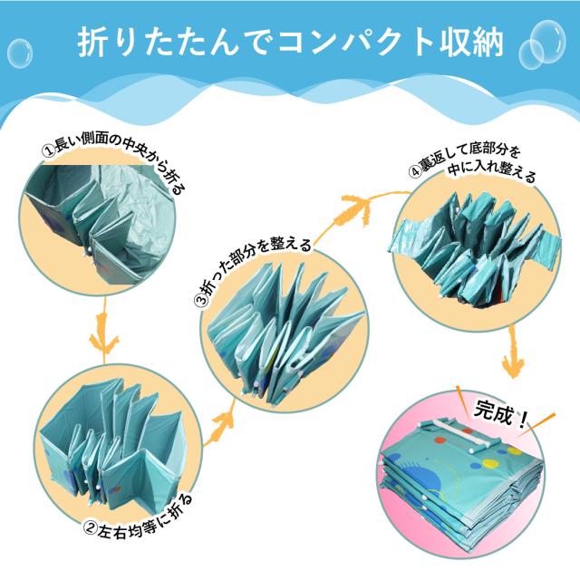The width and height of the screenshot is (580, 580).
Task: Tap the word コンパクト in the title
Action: (x=354, y=43)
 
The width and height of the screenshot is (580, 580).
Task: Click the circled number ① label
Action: (x=48, y=150)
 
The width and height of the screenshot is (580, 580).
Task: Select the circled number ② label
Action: (x=89, y=530)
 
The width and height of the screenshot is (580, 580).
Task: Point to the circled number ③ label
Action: (x=201, y=299)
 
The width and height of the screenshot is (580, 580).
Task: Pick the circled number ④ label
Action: (x=415, y=171)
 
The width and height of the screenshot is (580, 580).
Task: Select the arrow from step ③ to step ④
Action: (x=355, y=209)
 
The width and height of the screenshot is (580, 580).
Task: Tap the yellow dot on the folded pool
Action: (x=489, y=463)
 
